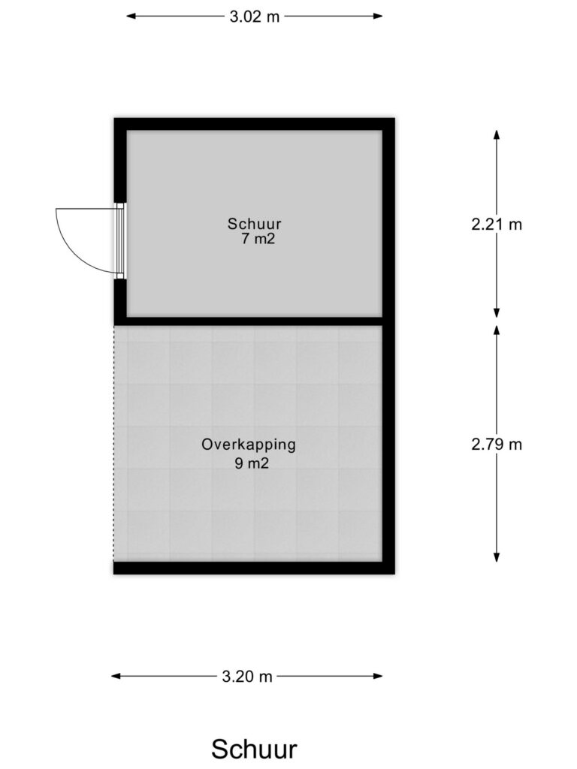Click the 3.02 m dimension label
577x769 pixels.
(x=254, y=17)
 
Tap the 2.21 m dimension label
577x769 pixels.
(x=497, y=225)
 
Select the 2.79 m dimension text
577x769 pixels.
(x=497, y=445)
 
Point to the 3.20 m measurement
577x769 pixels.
(x=246, y=677)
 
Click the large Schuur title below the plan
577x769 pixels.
(x=254, y=749)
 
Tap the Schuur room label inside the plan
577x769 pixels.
(x=254, y=224)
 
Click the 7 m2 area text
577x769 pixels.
(x=258, y=240)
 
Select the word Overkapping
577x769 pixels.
(x=249, y=445)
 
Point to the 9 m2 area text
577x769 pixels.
(x=252, y=463)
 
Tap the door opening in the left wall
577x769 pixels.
(x=120, y=241)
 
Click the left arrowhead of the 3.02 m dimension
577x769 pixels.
(x=131, y=17)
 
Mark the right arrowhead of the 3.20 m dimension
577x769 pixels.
(x=378, y=677)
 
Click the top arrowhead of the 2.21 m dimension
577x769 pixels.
(x=497, y=135)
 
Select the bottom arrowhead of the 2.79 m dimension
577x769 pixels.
(x=497, y=557)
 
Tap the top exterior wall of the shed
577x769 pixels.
(x=254, y=124)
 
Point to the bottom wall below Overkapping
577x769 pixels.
(x=254, y=568)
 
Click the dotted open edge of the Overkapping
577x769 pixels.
(x=114, y=444)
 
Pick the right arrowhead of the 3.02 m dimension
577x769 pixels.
(x=378, y=17)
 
